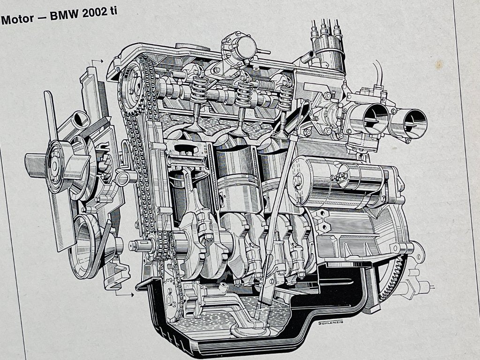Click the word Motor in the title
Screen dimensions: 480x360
pyautogui.click(x=17, y=19)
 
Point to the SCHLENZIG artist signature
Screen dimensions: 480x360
pyautogui.click(x=330, y=322)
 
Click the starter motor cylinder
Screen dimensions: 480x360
pyautogui.click(x=337, y=182)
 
